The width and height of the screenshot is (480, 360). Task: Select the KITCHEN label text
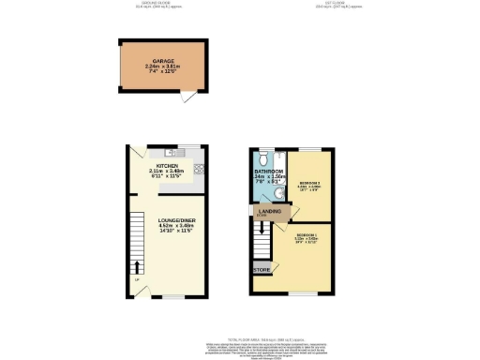tap(169, 164)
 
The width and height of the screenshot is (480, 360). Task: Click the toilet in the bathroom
tap(264, 157)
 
